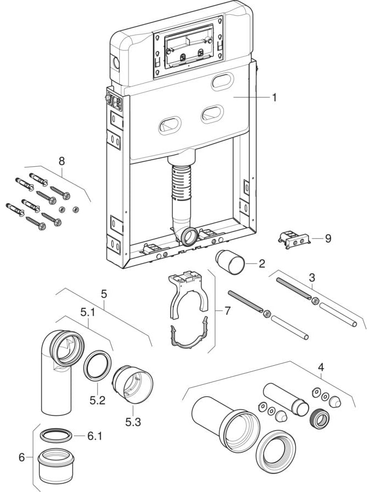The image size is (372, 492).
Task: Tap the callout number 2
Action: click(x=261, y=264)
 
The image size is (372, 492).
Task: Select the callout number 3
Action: click(x=311, y=277)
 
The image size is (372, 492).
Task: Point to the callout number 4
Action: click(x=321, y=367)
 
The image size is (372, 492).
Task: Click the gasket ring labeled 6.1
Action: click(x=56, y=436)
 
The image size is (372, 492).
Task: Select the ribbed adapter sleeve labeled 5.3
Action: click(x=133, y=383)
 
